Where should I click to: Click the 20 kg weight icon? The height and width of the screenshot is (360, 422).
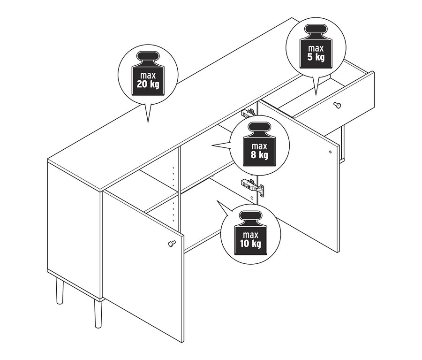point(148,73)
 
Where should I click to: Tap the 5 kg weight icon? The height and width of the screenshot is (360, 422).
point(316,46)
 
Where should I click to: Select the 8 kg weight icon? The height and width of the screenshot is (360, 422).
point(259,144)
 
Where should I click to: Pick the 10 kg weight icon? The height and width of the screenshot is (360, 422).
point(251,233)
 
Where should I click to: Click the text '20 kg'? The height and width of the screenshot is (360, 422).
point(148,84)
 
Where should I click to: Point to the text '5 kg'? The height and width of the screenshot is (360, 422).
point(316,57)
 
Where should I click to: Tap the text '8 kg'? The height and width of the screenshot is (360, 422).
point(259,155)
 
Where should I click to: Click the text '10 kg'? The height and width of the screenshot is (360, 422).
point(251,244)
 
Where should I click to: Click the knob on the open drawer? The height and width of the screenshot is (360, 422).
point(337,105)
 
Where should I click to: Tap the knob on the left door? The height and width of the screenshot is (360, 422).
point(172,243)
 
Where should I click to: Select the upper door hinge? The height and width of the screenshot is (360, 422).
point(248,113)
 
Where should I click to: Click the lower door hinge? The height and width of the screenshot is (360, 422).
point(252,185)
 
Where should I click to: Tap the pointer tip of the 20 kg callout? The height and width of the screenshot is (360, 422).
point(148,123)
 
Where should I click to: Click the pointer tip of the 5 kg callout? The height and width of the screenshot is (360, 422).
point(316,95)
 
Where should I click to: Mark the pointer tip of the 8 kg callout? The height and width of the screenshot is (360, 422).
point(212,145)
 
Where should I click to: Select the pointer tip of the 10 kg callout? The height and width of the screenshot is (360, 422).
point(217,200)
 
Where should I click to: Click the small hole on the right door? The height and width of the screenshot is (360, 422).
point(331,152)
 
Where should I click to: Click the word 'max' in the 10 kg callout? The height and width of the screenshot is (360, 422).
point(251,235)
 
